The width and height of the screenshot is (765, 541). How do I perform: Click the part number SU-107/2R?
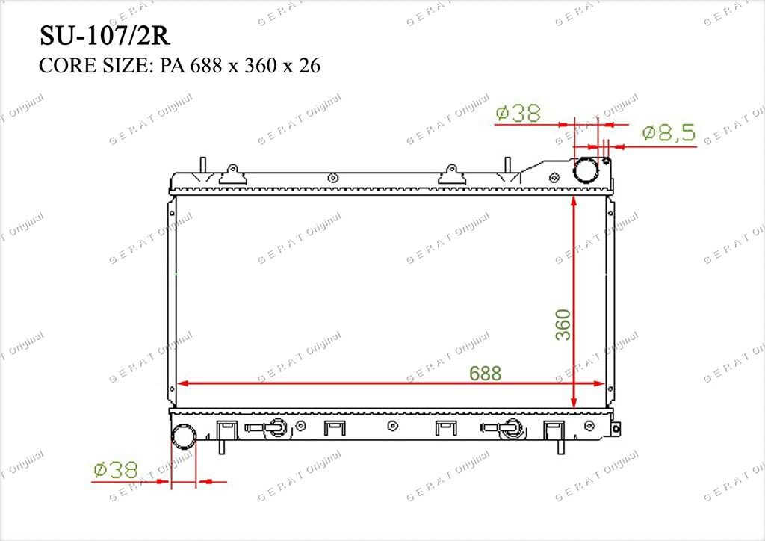click(x=105, y=36)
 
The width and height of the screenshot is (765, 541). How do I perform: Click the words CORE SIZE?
click(x=93, y=65)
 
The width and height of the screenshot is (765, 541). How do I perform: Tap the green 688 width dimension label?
click(x=485, y=373)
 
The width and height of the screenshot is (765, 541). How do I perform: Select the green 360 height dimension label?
click(x=563, y=324)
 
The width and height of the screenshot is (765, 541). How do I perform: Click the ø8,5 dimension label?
click(x=669, y=133)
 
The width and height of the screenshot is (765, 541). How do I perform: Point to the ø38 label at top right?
click(x=518, y=113)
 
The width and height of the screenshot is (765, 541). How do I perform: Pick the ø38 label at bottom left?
click(x=116, y=470)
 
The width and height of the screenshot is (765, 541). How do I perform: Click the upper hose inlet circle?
click(x=586, y=170)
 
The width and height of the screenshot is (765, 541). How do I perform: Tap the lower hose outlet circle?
click(x=184, y=436)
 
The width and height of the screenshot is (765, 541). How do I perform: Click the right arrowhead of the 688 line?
click(x=599, y=383)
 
